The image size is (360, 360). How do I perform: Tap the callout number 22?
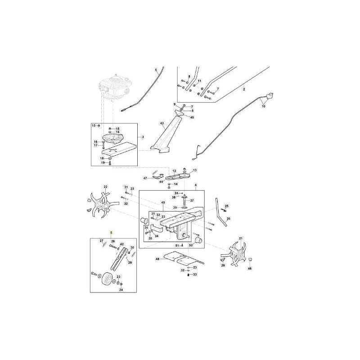point(106,186)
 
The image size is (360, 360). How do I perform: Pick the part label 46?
point(250,268)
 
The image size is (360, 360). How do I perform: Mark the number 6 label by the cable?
point(156,70)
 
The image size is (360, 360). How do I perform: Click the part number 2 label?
point(244,90)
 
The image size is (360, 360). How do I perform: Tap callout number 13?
point(195,171)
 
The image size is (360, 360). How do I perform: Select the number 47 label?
point(145,178)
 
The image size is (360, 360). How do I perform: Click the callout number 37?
point(191,200)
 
